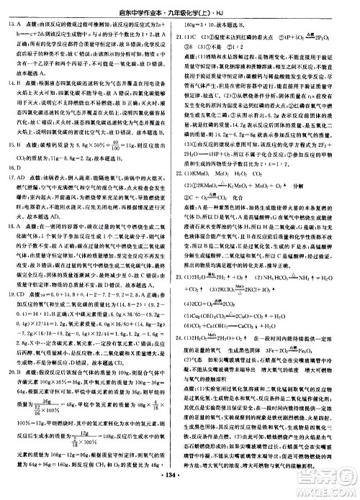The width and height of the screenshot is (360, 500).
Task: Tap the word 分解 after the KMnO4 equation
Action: [315, 204]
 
